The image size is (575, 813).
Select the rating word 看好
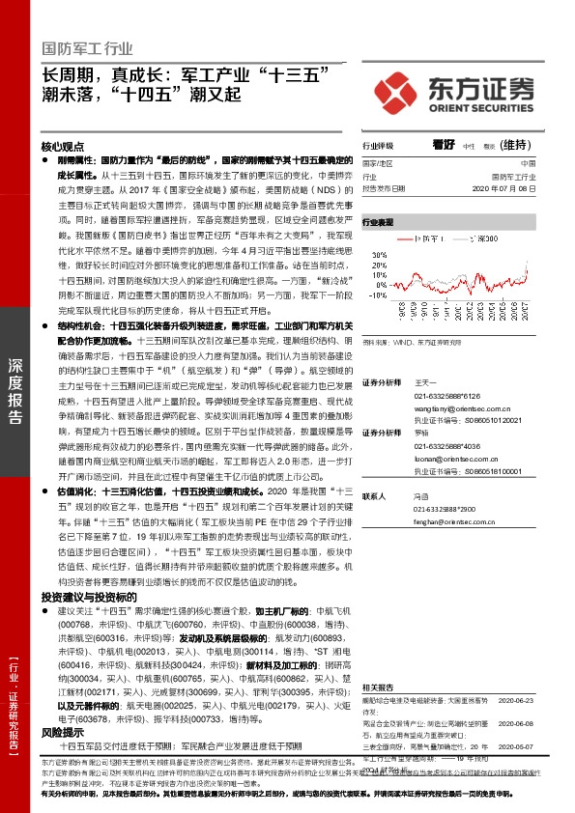pyautogui.click(x=444, y=144)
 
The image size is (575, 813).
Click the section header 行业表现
pyautogui.click(x=378, y=222)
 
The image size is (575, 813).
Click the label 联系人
pyautogui.click(x=373, y=495)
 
